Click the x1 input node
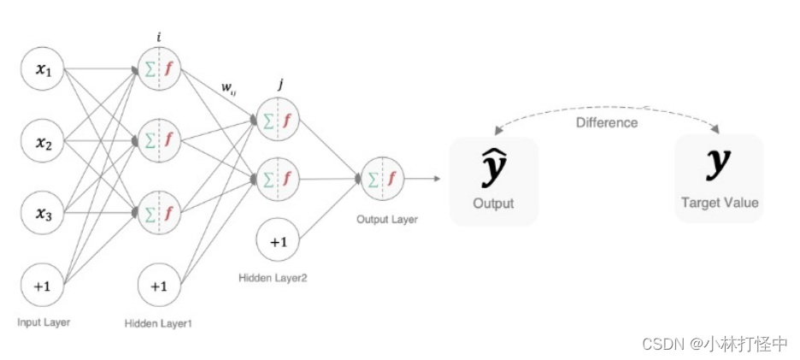click(x=43, y=69)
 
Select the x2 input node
click(x=43, y=143)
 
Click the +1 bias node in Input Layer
click(x=43, y=286)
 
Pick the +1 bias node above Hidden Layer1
click(x=159, y=286)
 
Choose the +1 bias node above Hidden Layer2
click(x=279, y=242)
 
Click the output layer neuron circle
click(x=382, y=179)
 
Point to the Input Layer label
click(x=43, y=322)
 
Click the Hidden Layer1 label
click(x=159, y=323)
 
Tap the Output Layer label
click(x=387, y=220)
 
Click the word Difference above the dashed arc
click(x=606, y=122)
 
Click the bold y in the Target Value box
click(x=719, y=163)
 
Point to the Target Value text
click(x=719, y=203)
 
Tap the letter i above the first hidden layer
click(x=159, y=36)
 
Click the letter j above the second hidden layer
click(x=281, y=85)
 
